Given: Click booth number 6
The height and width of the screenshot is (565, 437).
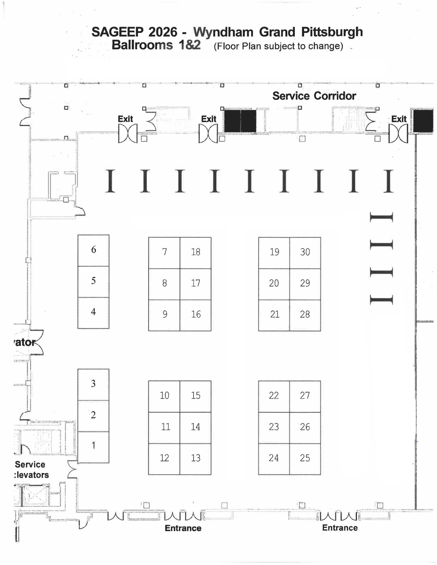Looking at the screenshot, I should [x=93, y=250].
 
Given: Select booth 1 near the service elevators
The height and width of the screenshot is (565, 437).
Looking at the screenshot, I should [x=93, y=446].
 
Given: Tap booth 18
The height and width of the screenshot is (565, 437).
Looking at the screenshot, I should [x=195, y=252].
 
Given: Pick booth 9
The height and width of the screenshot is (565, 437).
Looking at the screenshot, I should [x=164, y=315].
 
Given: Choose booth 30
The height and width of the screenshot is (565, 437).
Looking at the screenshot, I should [x=305, y=252].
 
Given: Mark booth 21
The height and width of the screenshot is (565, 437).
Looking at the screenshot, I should [x=274, y=315].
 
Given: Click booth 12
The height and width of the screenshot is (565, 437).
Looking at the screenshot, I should [x=164, y=458].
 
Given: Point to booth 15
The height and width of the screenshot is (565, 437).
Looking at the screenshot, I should [x=195, y=396].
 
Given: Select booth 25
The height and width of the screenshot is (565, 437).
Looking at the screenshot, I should [x=305, y=458].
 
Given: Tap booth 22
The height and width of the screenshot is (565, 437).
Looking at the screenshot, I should [x=274, y=396].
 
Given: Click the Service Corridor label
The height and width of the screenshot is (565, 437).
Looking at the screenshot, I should [x=314, y=96].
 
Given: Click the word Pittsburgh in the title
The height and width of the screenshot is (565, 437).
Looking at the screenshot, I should [x=332, y=32].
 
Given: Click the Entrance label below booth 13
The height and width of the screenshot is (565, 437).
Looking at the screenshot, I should [x=183, y=528].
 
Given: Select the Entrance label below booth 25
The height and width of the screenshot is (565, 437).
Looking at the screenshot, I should [x=340, y=528].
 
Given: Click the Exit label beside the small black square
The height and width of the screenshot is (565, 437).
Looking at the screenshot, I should [x=399, y=119].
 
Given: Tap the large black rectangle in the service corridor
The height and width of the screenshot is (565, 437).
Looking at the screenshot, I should [x=240, y=121].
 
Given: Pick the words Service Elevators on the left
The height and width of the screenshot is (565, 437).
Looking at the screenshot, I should [x=31, y=470].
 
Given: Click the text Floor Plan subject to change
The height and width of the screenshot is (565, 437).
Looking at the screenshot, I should [x=278, y=46].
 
